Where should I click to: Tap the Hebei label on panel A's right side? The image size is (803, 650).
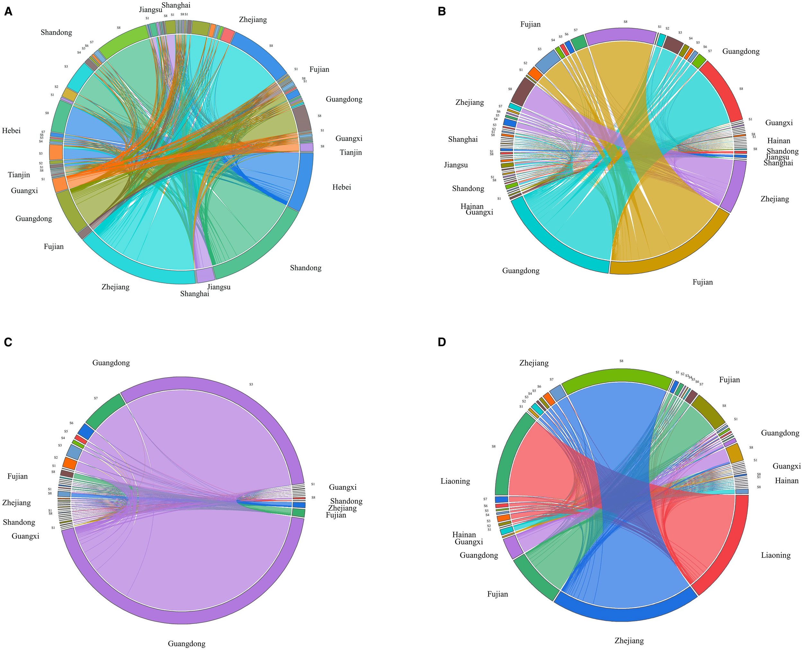(341, 187)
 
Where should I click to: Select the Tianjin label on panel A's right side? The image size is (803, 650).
(350, 152)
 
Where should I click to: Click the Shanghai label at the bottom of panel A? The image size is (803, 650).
(194, 294)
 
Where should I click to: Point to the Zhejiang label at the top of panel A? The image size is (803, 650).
(253, 20)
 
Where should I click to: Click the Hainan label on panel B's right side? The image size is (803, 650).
(778, 141)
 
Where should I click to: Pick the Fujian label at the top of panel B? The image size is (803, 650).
(530, 24)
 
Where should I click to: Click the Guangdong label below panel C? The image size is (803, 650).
(186, 644)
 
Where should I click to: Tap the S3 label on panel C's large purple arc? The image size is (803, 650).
(251, 385)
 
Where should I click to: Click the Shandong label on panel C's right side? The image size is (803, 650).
(346, 501)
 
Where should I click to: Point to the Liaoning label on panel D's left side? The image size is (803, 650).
(455, 481)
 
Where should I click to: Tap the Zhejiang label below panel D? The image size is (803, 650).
(629, 641)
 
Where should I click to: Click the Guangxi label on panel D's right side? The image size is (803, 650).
(786, 466)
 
